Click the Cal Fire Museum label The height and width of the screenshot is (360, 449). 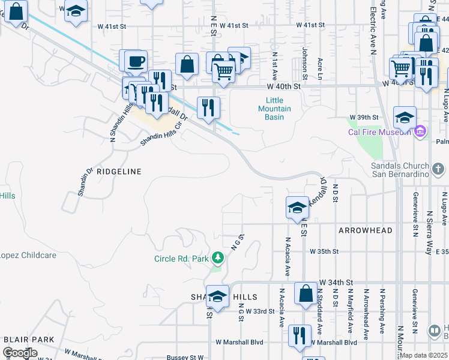coord(380,132)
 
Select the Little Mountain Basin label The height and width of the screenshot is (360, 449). coord(274,109)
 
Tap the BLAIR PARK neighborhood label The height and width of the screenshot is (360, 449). coord(29,340)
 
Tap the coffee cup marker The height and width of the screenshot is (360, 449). coord(136,61)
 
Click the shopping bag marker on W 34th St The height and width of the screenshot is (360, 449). coord(306,294)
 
